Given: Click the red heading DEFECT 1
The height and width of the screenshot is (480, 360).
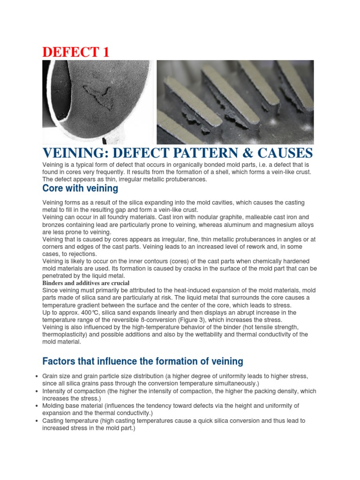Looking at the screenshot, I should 76,52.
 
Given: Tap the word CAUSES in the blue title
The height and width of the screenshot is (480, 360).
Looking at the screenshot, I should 284,153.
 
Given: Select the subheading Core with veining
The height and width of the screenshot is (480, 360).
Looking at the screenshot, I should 80,188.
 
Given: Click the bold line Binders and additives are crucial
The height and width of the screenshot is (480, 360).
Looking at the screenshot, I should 86,283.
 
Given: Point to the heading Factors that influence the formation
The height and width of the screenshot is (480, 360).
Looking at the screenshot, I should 142,361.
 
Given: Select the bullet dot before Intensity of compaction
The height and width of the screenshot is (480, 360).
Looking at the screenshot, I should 37,391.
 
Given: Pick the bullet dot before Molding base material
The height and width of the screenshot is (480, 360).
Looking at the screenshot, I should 37,406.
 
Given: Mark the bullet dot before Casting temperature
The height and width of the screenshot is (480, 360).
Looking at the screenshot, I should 37,421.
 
